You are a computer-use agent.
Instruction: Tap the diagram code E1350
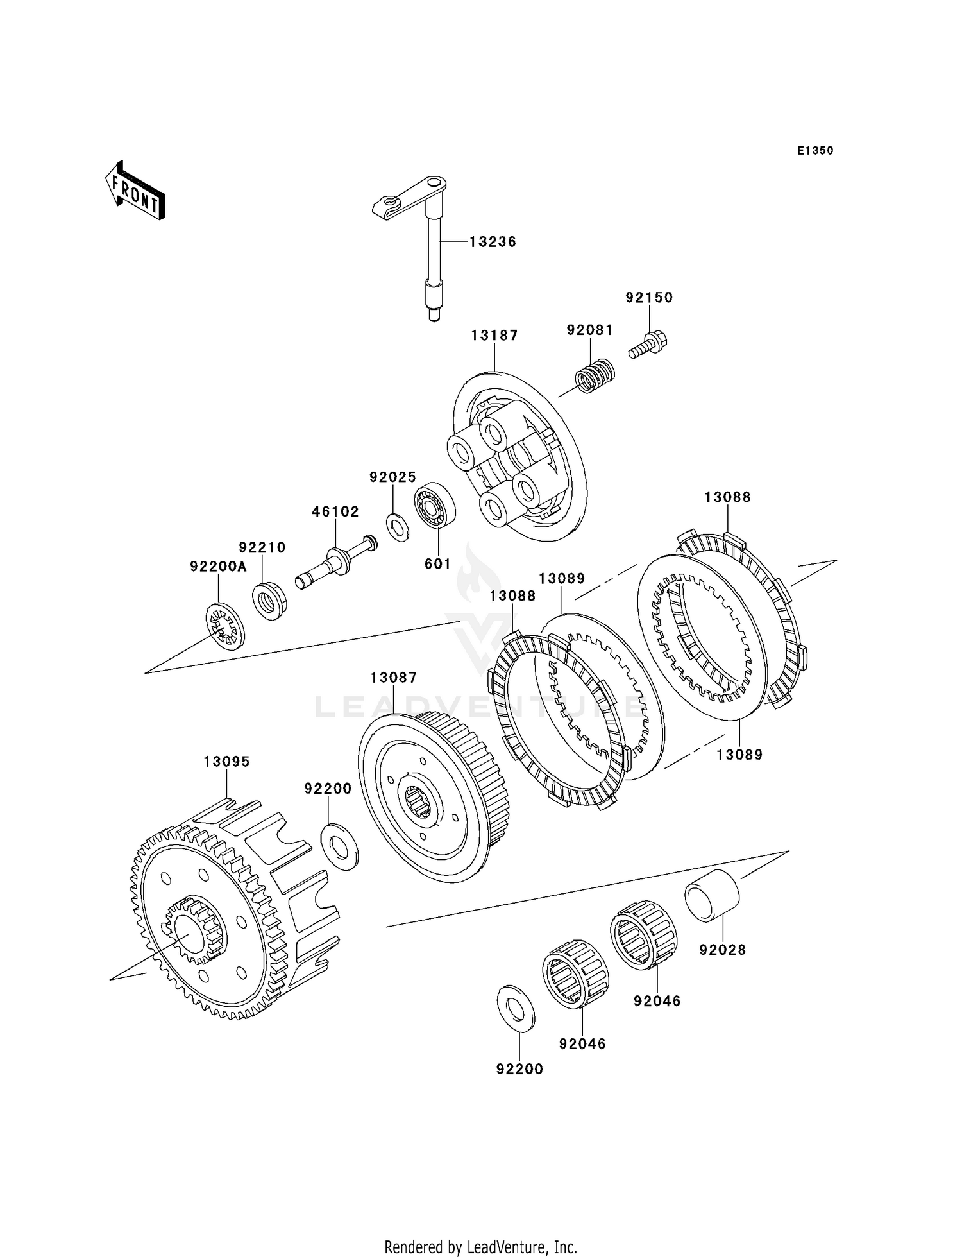coord(815,151)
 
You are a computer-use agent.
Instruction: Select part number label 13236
coord(493,242)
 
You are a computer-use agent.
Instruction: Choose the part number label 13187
coord(494,335)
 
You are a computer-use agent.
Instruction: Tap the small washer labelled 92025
coord(398,527)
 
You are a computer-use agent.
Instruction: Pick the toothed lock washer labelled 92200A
coord(225,626)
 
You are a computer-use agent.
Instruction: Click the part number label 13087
coord(394,678)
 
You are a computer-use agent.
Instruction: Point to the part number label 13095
coord(227,762)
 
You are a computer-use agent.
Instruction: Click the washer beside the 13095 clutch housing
coord(339,847)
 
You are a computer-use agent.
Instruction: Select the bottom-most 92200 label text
coord(519,1069)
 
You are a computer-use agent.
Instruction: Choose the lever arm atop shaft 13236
coord(409,197)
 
